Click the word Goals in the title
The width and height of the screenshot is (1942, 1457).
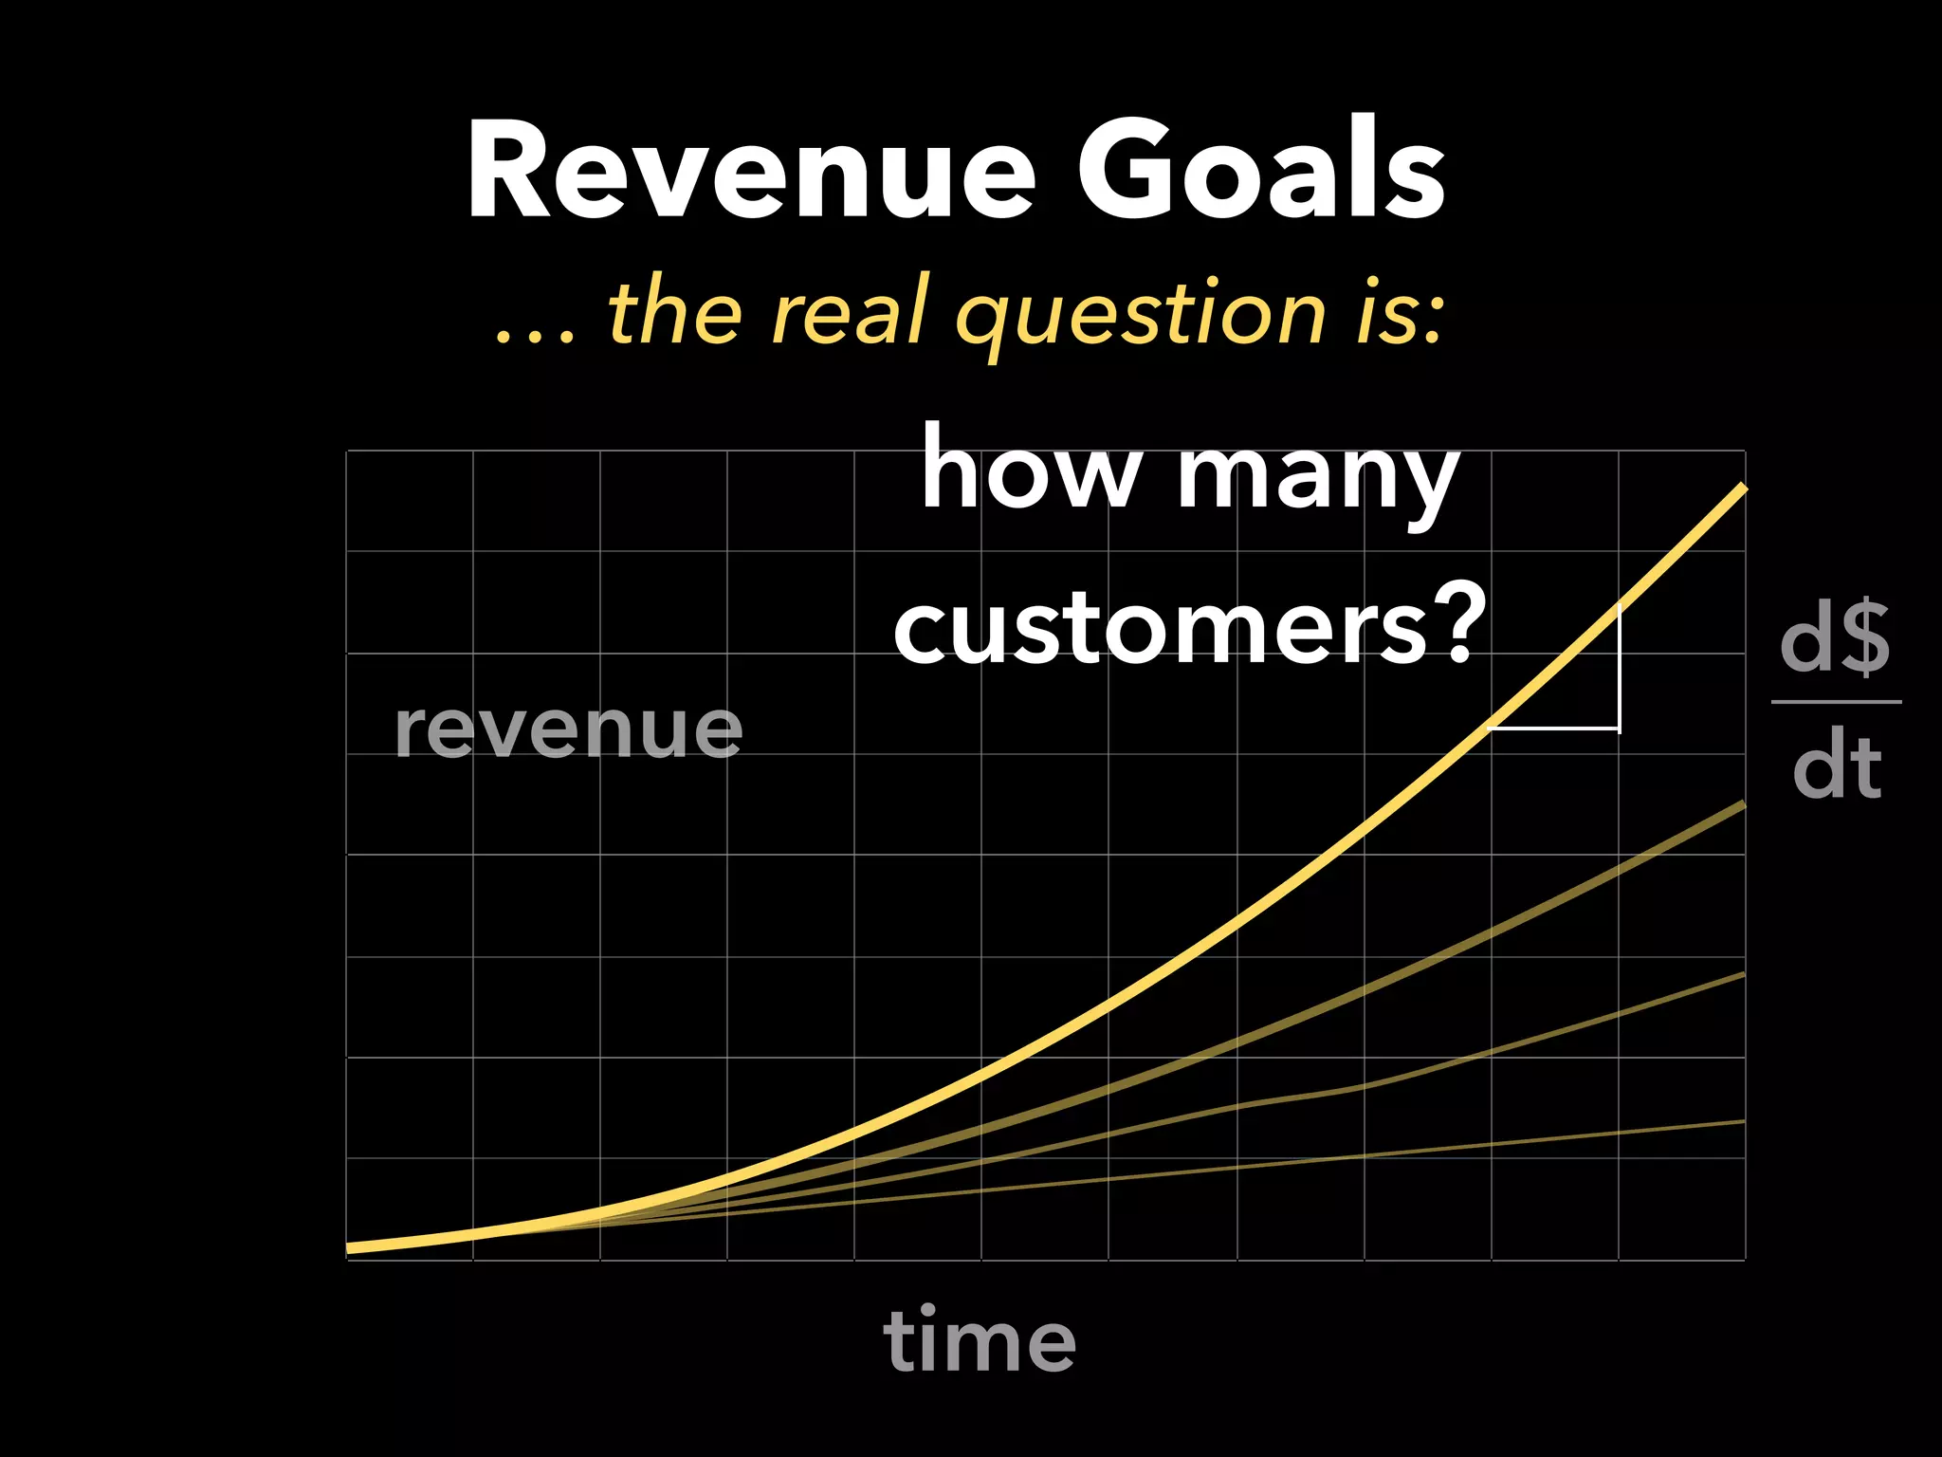pyautogui.click(x=1261, y=173)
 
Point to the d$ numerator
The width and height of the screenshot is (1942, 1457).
pyautogui.click(x=1836, y=640)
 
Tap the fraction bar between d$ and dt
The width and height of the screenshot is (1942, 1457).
pyautogui.click(x=1837, y=702)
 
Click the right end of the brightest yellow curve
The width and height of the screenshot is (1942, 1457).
pyautogui.click(x=1742, y=489)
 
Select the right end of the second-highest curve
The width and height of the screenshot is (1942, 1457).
pyautogui.click(x=1742, y=805)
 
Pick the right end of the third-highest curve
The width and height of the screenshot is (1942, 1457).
pyautogui.click(x=1742, y=975)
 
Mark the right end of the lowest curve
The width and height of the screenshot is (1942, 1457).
pyautogui.click(x=1742, y=1122)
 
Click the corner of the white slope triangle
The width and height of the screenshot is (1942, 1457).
pyautogui.click(x=1619, y=728)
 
